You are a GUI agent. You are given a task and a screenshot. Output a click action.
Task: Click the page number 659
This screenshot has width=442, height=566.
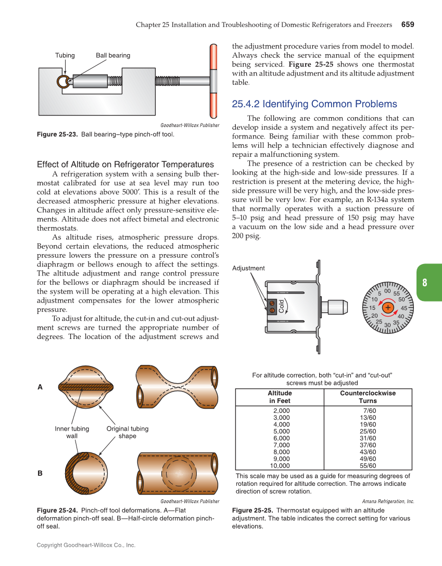[x=407, y=24]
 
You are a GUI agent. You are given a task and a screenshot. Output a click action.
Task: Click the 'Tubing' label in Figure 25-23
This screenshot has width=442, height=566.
[x=65, y=55]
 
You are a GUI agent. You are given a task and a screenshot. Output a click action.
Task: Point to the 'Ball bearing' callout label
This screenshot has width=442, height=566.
[x=113, y=55]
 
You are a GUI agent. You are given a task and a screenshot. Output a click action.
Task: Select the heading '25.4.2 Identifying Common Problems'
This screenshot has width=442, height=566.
[x=314, y=104]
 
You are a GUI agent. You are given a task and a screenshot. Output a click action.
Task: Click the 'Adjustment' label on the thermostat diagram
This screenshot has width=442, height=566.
[x=248, y=268]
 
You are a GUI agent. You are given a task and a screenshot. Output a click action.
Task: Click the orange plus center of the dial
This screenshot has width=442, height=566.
[x=388, y=308]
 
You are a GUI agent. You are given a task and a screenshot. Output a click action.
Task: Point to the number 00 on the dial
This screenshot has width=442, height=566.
[x=388, y=291]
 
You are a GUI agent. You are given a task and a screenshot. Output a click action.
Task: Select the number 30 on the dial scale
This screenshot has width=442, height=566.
[x=388, y=325]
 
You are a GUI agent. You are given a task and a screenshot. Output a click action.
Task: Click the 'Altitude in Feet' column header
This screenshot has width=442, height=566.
[x=280, y=397]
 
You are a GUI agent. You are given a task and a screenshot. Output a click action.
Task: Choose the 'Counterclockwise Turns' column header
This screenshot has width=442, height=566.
[x=368, y=397]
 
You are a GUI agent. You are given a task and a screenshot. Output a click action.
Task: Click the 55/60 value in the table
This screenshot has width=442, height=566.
[x=368, y=466]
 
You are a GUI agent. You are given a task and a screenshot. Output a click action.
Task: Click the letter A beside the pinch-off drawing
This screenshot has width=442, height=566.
[x=40, y=387]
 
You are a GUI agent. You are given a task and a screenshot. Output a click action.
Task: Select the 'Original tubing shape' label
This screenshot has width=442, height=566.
[x=127, y=432]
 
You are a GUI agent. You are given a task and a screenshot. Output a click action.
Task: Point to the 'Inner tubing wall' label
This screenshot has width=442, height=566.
[x=72, y=432]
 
